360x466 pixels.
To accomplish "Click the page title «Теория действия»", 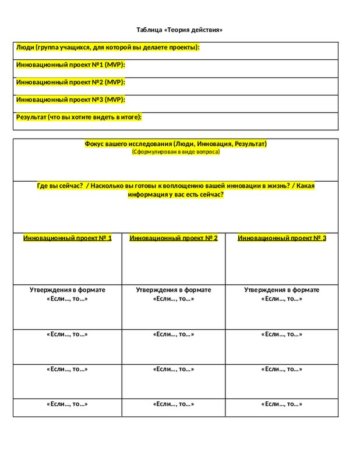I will tap(179, 30).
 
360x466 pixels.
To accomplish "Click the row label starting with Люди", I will tap(108, 47).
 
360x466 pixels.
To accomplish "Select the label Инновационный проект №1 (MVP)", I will tap(70, 65).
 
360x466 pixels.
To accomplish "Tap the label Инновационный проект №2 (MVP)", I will tap(70, 82).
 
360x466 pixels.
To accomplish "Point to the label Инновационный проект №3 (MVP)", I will tap(70, 100).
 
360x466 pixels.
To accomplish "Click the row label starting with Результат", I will tap(79, 117).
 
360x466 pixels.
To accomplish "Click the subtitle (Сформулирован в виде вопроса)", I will tap(175, 151).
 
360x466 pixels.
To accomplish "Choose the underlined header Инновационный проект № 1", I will tap(68, 238).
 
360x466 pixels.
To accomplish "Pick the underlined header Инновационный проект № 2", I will tap(174, 238).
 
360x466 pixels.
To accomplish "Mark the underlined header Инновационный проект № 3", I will tap(282, 238).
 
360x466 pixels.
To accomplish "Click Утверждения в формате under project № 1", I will tap(68, 290).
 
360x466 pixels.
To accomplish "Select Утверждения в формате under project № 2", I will tap(174, 290).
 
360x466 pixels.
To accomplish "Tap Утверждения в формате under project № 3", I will tap(282, 290).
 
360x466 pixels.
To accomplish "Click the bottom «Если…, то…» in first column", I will tap(68, 404).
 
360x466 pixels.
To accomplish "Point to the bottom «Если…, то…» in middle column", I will tap(174, 404).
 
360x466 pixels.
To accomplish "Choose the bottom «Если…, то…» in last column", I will tap(282, 404).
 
